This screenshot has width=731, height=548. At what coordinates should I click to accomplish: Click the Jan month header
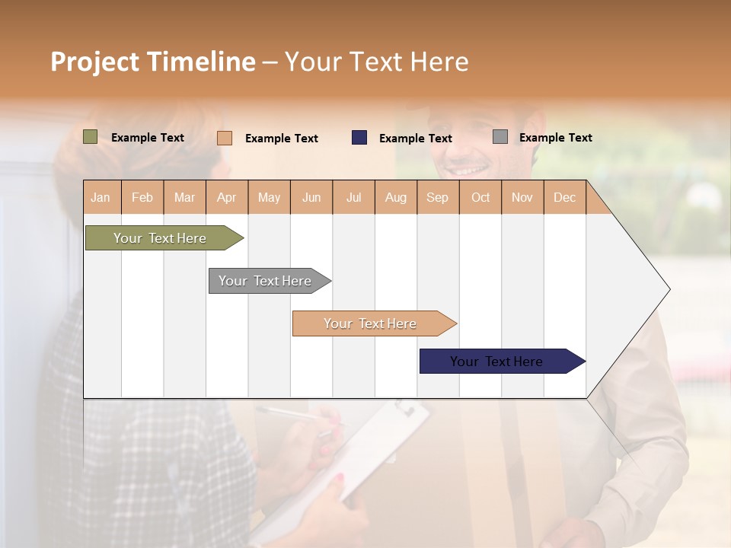pos(101,197)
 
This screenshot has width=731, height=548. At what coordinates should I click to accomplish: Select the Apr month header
pos(226,197)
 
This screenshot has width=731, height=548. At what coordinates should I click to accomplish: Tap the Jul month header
pos(353,197)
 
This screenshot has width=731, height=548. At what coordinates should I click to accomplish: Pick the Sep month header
pos(437,197)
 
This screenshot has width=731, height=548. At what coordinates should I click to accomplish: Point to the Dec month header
pos(564,197)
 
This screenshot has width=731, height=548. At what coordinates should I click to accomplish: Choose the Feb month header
pos(142,197)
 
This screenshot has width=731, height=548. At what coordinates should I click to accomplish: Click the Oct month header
pos(480,197)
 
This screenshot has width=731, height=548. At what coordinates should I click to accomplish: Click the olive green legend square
pos(91,137)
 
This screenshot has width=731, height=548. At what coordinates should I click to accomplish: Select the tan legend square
pos(225,138)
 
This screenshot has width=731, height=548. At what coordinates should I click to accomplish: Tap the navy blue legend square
pos(359,138)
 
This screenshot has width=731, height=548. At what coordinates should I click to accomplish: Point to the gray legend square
pos(500,137)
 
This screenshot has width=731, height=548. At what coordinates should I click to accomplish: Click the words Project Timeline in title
pos(153,62)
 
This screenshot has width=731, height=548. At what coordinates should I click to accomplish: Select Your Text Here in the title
pos(377,62)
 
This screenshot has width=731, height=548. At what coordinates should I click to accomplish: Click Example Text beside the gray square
pos(555,138)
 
